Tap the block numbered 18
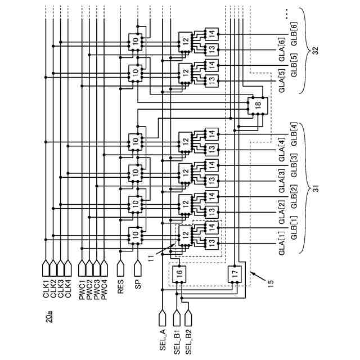pos(258,104)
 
